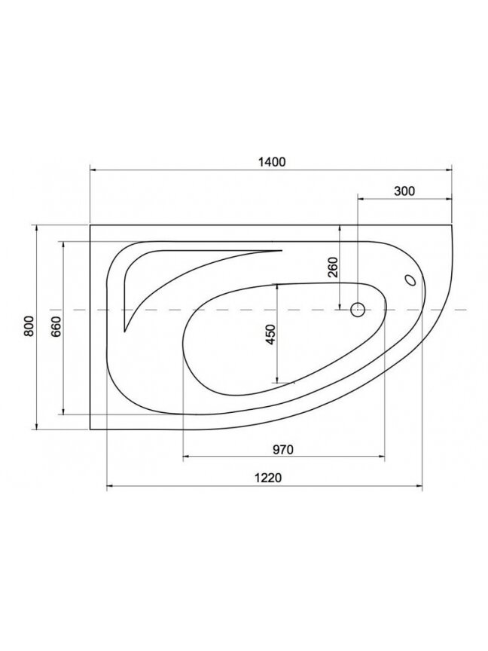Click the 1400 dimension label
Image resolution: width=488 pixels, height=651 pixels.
click(272, 161)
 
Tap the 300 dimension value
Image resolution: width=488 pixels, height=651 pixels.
click(404, 191)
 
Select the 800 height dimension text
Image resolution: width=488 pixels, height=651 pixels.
click(28, 326)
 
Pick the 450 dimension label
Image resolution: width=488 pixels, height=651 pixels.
click(270, 335)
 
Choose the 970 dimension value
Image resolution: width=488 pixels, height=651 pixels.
click(283, 449)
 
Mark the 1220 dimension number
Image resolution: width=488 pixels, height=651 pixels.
click(267, 478)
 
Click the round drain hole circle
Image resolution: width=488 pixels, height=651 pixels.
click(357, 310)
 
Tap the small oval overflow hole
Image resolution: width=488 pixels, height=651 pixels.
click(411, 280)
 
